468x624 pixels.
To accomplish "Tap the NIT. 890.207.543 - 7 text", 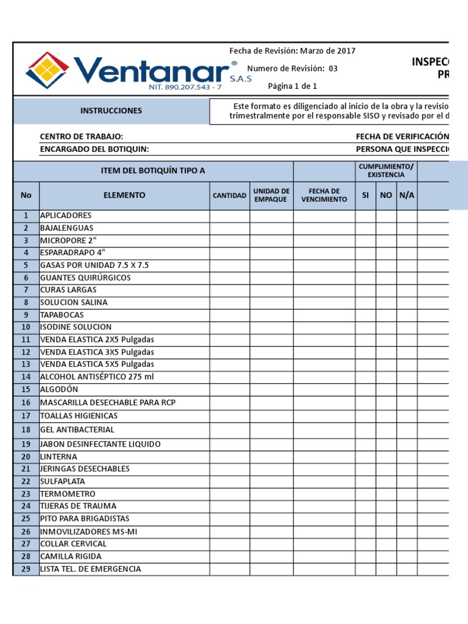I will point(185,88).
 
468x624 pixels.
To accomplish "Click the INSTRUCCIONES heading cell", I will point(111,111).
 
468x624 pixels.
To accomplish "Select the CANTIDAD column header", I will point(230,196).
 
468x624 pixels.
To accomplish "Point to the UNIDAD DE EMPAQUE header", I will point(271,196).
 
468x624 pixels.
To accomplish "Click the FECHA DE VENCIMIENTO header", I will point(324,196).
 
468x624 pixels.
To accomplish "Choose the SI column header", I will point(365,196).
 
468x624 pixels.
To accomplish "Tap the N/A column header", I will point(406,196).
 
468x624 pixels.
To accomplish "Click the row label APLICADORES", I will point(66,216).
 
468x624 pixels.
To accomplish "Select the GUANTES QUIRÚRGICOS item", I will point(85,278).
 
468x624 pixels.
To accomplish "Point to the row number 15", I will point(26,389).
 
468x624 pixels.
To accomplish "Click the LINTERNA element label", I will point(58,457).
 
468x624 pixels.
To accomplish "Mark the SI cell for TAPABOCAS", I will point(365,315).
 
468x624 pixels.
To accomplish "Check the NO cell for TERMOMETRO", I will point(386,494).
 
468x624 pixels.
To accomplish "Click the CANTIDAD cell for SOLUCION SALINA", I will point(230,303).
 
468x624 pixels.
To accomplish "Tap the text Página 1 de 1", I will point(292,86).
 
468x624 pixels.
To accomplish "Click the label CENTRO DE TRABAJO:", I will point(82,137).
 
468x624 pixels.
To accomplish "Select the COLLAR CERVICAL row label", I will point(73,544).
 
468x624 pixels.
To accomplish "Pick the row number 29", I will point(26,569).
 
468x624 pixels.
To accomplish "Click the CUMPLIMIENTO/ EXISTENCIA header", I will point(386,171).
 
